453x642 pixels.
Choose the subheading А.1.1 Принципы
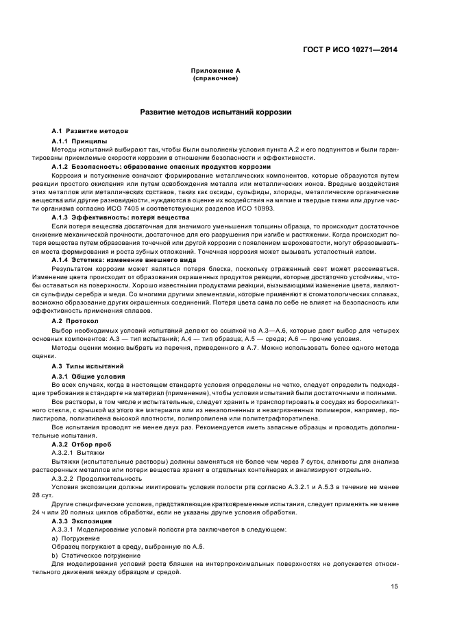pyautogui.click(x=77, y=141)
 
